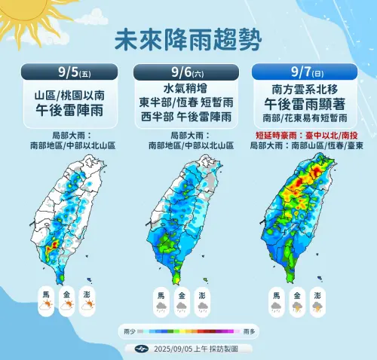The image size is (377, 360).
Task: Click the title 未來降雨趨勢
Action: point(188,39)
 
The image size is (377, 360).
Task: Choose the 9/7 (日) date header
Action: point(307,73)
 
